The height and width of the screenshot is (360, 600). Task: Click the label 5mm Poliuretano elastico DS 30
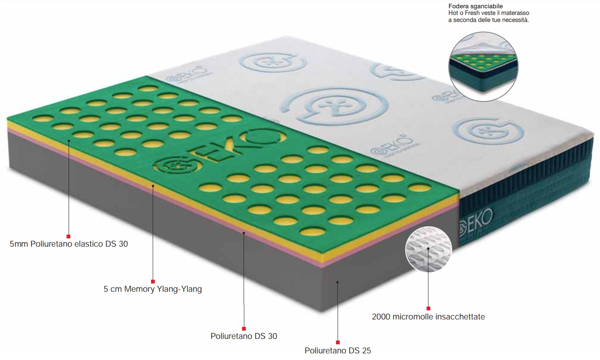pos(69,244)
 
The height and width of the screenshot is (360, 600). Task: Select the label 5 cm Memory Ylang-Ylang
pos(153,289)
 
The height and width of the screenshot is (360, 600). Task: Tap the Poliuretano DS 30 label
pos(244,336)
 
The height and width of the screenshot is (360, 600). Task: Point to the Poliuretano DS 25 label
pos(338,350)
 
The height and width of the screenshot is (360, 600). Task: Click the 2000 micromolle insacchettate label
pos(428,317)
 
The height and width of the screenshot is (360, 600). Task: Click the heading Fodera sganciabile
pos(475,6)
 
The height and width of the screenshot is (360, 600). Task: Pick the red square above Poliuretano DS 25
pos(338,342)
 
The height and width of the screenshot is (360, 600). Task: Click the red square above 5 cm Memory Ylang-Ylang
pos(153,281)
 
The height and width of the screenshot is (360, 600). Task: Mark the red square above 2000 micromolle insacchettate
pos(428,308)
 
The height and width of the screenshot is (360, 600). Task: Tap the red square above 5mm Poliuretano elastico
pos(69,236)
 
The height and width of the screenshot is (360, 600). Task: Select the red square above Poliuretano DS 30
pos(244,329)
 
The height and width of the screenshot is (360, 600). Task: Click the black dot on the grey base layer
pos(338,282)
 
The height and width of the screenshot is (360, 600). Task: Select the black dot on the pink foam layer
pos(244,233)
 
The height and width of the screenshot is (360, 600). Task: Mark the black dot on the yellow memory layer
pos(153,186)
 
